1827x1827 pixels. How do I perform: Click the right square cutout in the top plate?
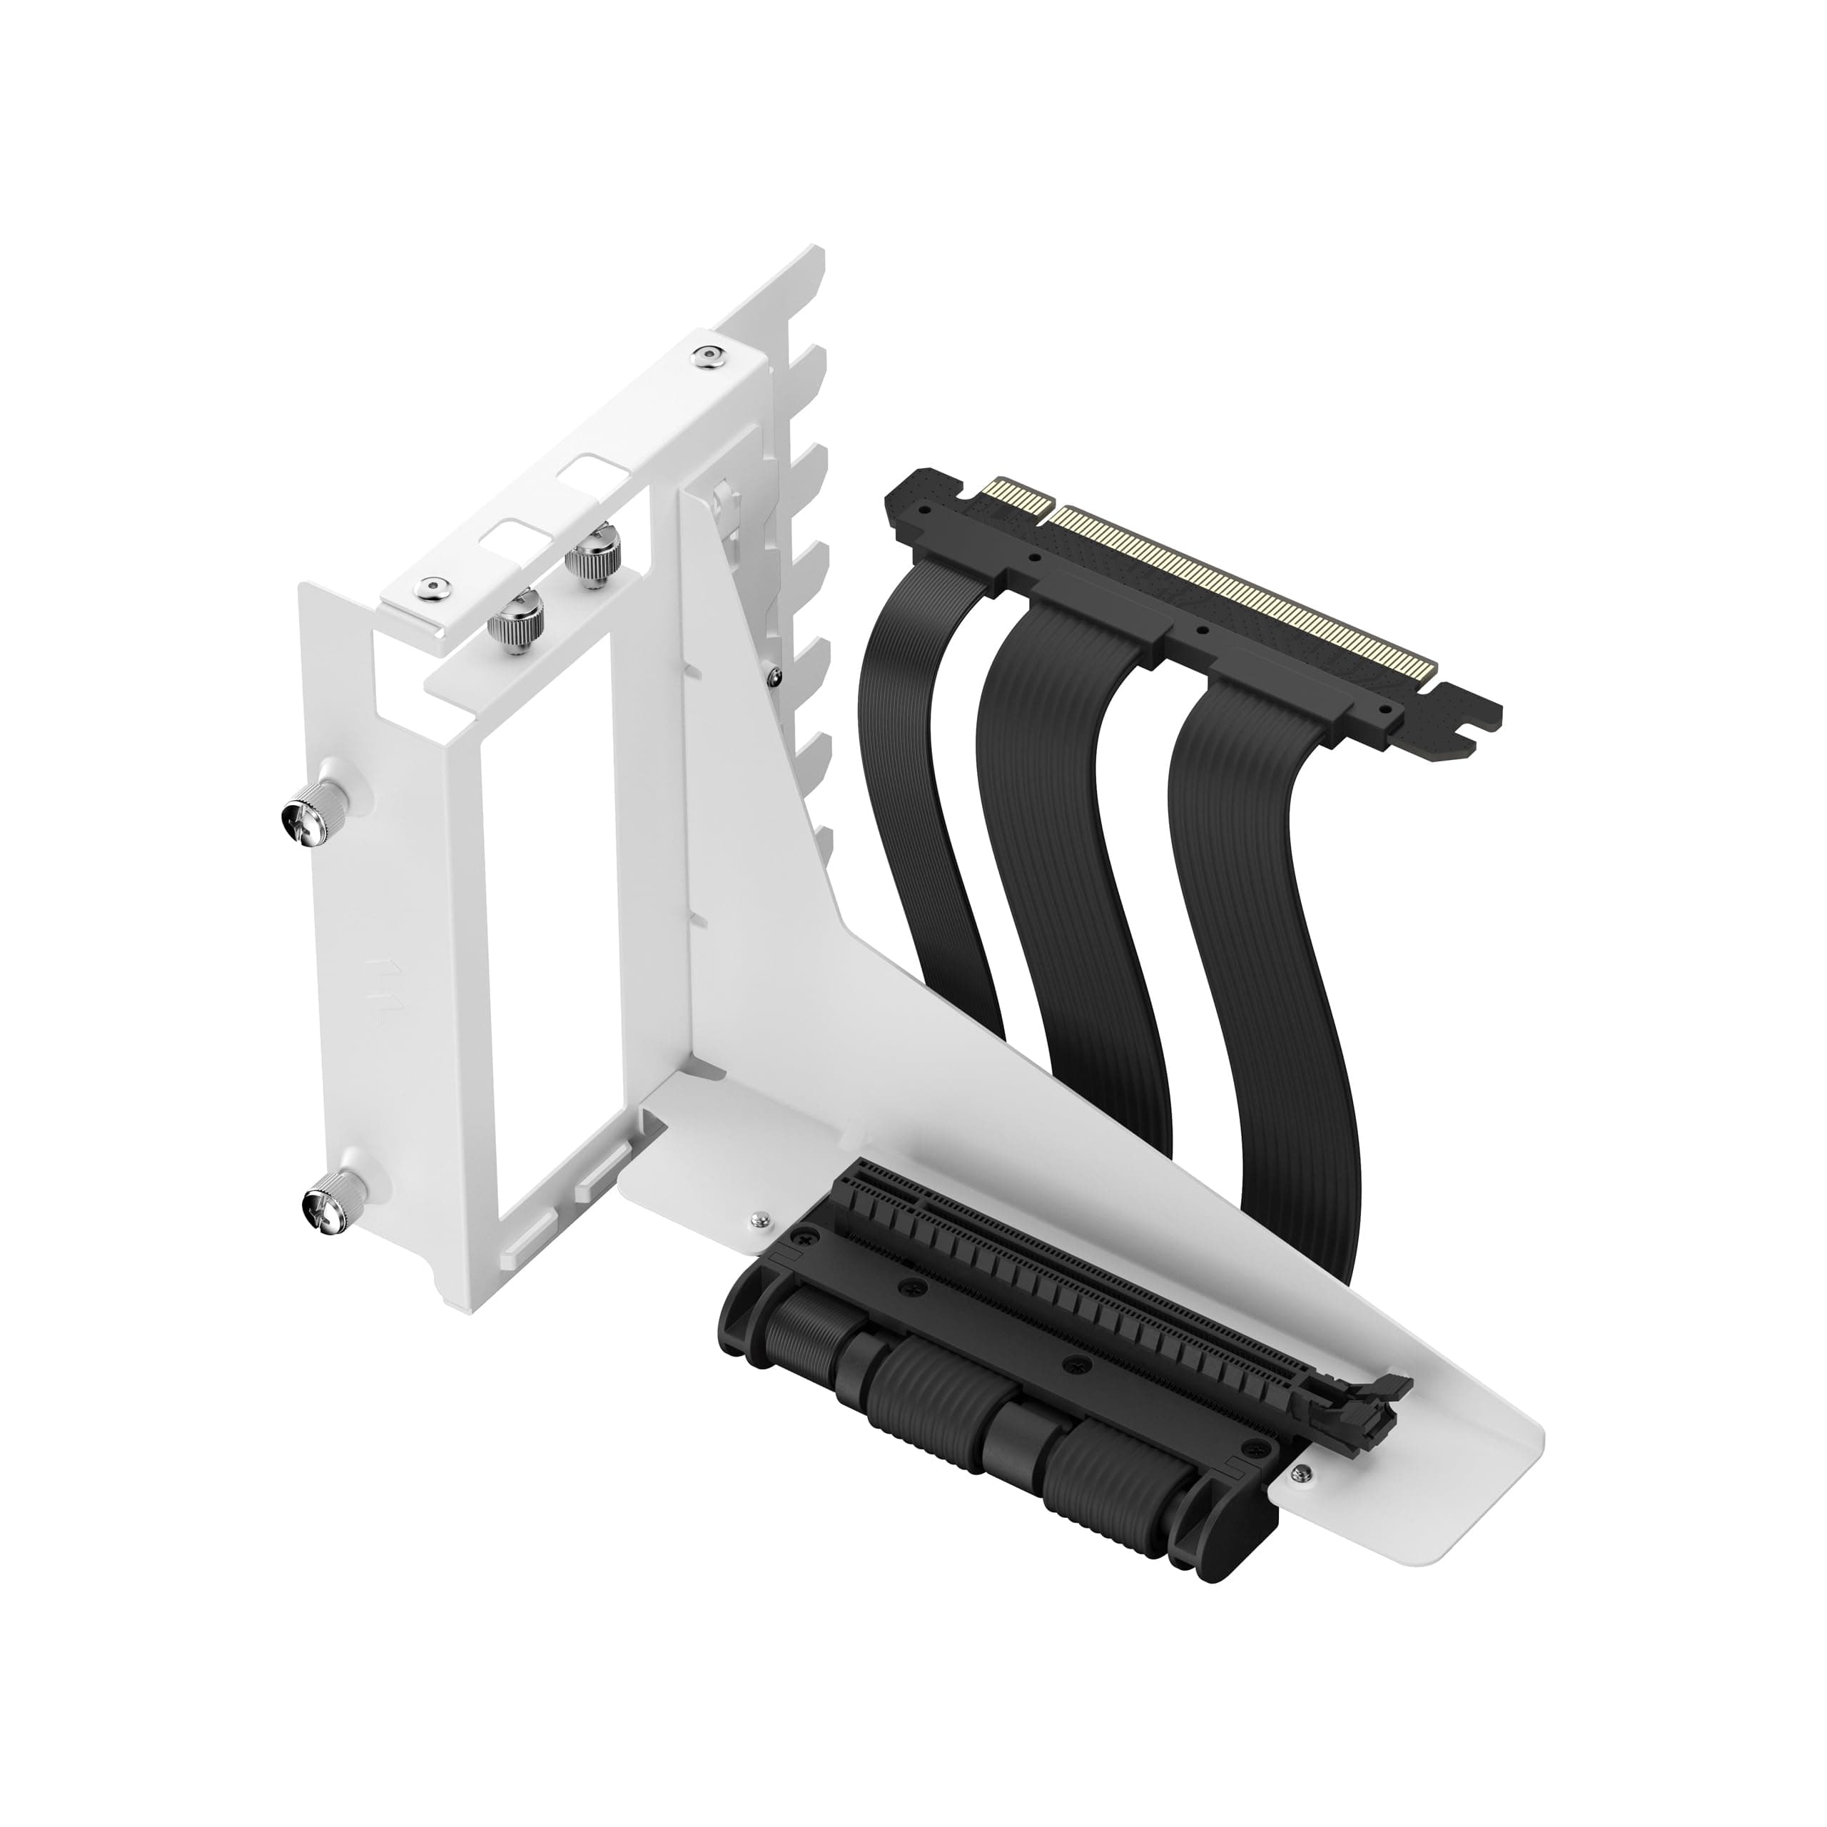tap(584, 469)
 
